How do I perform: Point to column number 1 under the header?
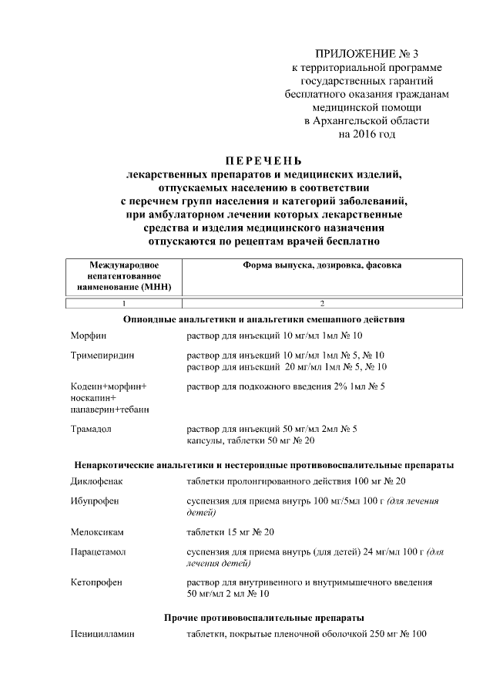[123, 303]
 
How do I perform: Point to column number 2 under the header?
[322, 303]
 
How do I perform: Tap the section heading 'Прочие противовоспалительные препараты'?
[264, 618]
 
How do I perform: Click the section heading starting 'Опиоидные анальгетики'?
[264, 319]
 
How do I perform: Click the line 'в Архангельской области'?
[367, 121]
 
